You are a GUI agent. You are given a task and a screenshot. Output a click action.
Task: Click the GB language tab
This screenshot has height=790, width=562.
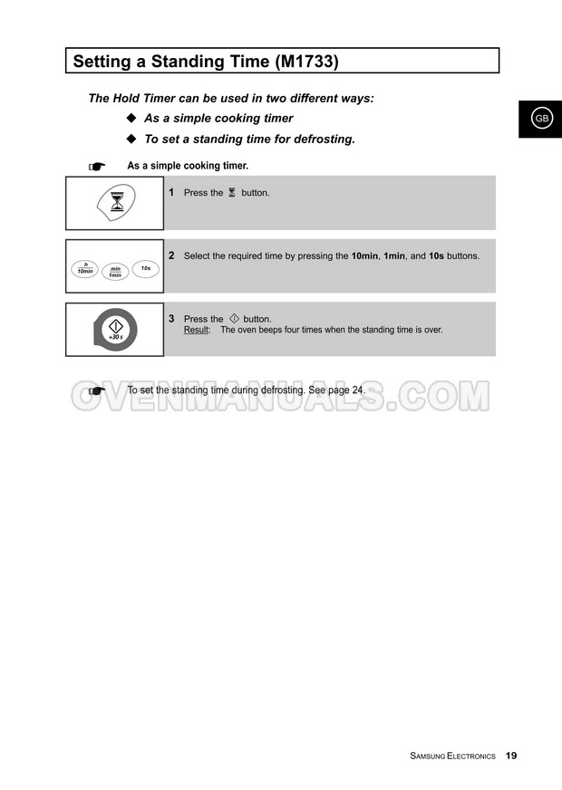[541, 119]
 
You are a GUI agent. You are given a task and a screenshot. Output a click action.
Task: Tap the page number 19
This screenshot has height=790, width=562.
[511, 756]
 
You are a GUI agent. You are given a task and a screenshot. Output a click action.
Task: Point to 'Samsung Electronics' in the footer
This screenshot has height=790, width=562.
[452, 756]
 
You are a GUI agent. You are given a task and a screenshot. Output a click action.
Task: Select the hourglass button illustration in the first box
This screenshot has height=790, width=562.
[117, 202]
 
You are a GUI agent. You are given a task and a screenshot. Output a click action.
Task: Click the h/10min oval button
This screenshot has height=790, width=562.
[85, 268]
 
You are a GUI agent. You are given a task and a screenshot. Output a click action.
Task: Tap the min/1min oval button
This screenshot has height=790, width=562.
[116, 272]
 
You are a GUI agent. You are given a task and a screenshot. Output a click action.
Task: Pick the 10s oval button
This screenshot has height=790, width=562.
[145, 268]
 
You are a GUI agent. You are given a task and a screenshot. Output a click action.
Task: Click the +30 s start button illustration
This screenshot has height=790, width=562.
[115, 329]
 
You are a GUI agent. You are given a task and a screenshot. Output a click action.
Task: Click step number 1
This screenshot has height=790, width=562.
[171, 192]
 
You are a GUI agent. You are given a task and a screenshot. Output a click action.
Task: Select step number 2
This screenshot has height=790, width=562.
[171, 255]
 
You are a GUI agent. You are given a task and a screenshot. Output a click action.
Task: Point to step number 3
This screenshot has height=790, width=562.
[171, 319]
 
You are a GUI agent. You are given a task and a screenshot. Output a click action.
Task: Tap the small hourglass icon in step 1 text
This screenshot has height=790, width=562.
[232, 193]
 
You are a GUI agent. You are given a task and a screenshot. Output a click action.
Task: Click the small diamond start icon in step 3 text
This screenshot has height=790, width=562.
[234, 319]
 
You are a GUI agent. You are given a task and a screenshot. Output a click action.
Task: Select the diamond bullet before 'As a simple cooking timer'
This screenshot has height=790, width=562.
[131, 119]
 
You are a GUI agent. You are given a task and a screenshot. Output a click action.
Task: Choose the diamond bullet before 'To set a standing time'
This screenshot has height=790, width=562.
[131, 140]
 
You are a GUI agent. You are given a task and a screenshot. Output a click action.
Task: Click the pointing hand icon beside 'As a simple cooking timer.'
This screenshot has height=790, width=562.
[97, 167]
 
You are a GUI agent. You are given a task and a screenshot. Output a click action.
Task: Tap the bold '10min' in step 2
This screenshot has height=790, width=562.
[364, 256]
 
